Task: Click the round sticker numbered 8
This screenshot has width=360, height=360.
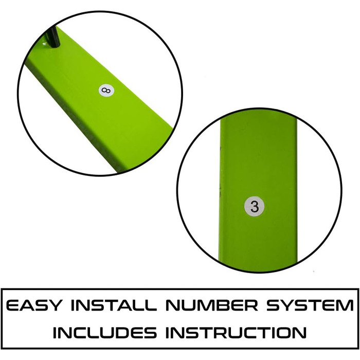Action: point(106,91)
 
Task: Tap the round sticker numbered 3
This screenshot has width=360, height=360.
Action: point(254,206)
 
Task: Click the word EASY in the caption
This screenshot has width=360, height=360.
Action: point(34,305)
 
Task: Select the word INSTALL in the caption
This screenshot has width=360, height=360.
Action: point(114,305)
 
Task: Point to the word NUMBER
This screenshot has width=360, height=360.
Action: point(212,305)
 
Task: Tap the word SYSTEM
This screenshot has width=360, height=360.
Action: point(310,305)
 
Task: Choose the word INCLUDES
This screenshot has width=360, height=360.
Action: point(105,332)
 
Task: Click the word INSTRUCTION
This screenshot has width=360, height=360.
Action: point(236,332)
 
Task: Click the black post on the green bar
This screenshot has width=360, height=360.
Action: point(53,36)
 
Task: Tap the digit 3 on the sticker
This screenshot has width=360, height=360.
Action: point(255,206)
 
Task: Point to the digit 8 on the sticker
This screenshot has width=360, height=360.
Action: point(106,90)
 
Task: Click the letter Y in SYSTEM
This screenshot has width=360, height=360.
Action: point(289,305)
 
